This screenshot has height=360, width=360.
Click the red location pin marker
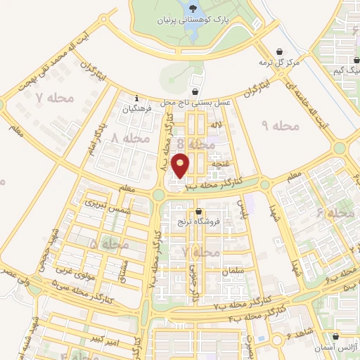(181, 166)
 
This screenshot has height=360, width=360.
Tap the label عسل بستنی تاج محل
(195, 103)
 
